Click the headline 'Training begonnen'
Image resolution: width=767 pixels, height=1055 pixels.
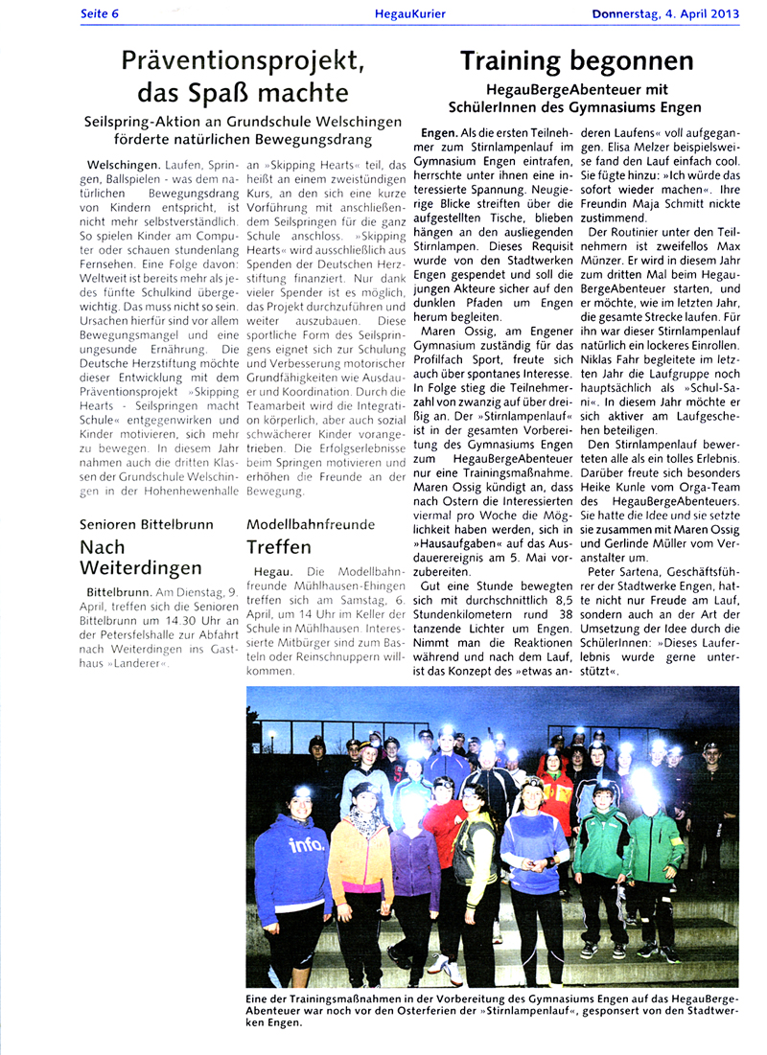576,61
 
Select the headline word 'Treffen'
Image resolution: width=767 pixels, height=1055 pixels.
278,547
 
